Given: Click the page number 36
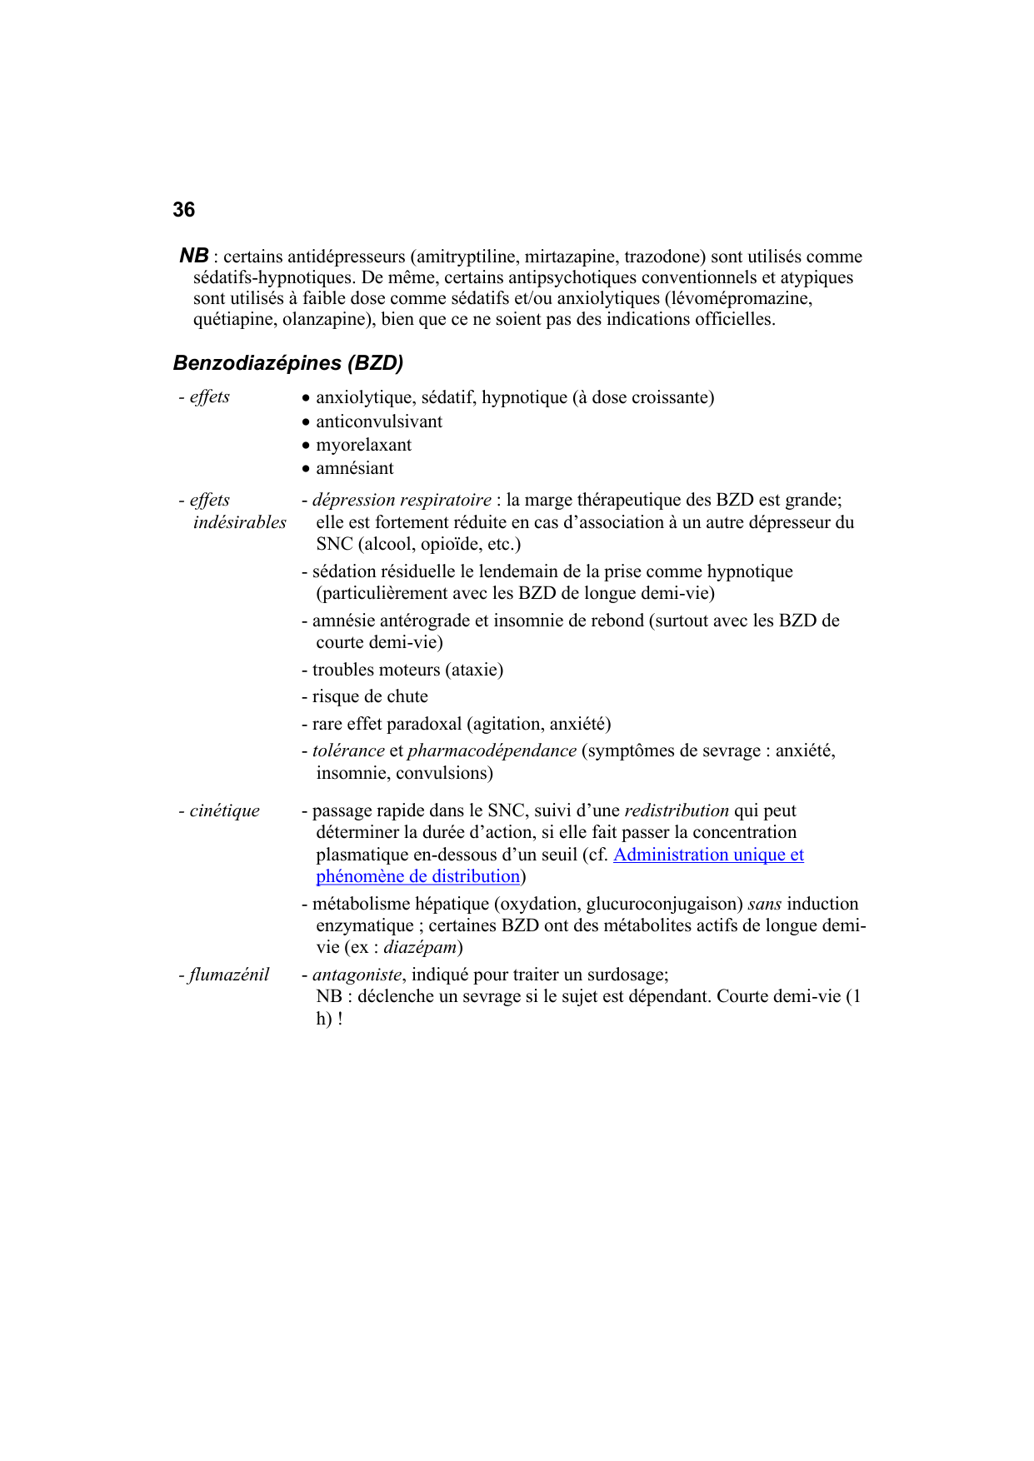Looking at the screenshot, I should click(184, 210).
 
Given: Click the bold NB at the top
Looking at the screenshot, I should click(194, 256).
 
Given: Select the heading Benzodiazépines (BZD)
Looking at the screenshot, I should click(288, 363).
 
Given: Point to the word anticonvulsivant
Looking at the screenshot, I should click(379, 421).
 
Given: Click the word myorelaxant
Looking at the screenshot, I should click(363, 445).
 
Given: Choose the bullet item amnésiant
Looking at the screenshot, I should click(354, 468).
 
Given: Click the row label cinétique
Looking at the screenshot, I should click(224, 810).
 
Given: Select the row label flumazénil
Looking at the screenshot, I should click(228, 975).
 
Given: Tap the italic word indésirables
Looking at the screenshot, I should click(240, 522).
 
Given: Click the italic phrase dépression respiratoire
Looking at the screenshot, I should click(402, 500).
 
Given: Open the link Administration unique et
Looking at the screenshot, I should click(708, 855).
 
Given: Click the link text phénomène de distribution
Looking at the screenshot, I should click(418, 876).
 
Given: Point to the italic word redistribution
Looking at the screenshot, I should click(677, 810).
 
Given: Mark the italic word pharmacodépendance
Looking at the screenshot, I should click(492, 750).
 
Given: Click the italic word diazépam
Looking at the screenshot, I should click(420, 947).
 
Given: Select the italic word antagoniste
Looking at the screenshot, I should click(357, 975).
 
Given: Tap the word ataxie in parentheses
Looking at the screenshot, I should click(475, 670).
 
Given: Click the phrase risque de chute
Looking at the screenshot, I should click(370, 696).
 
